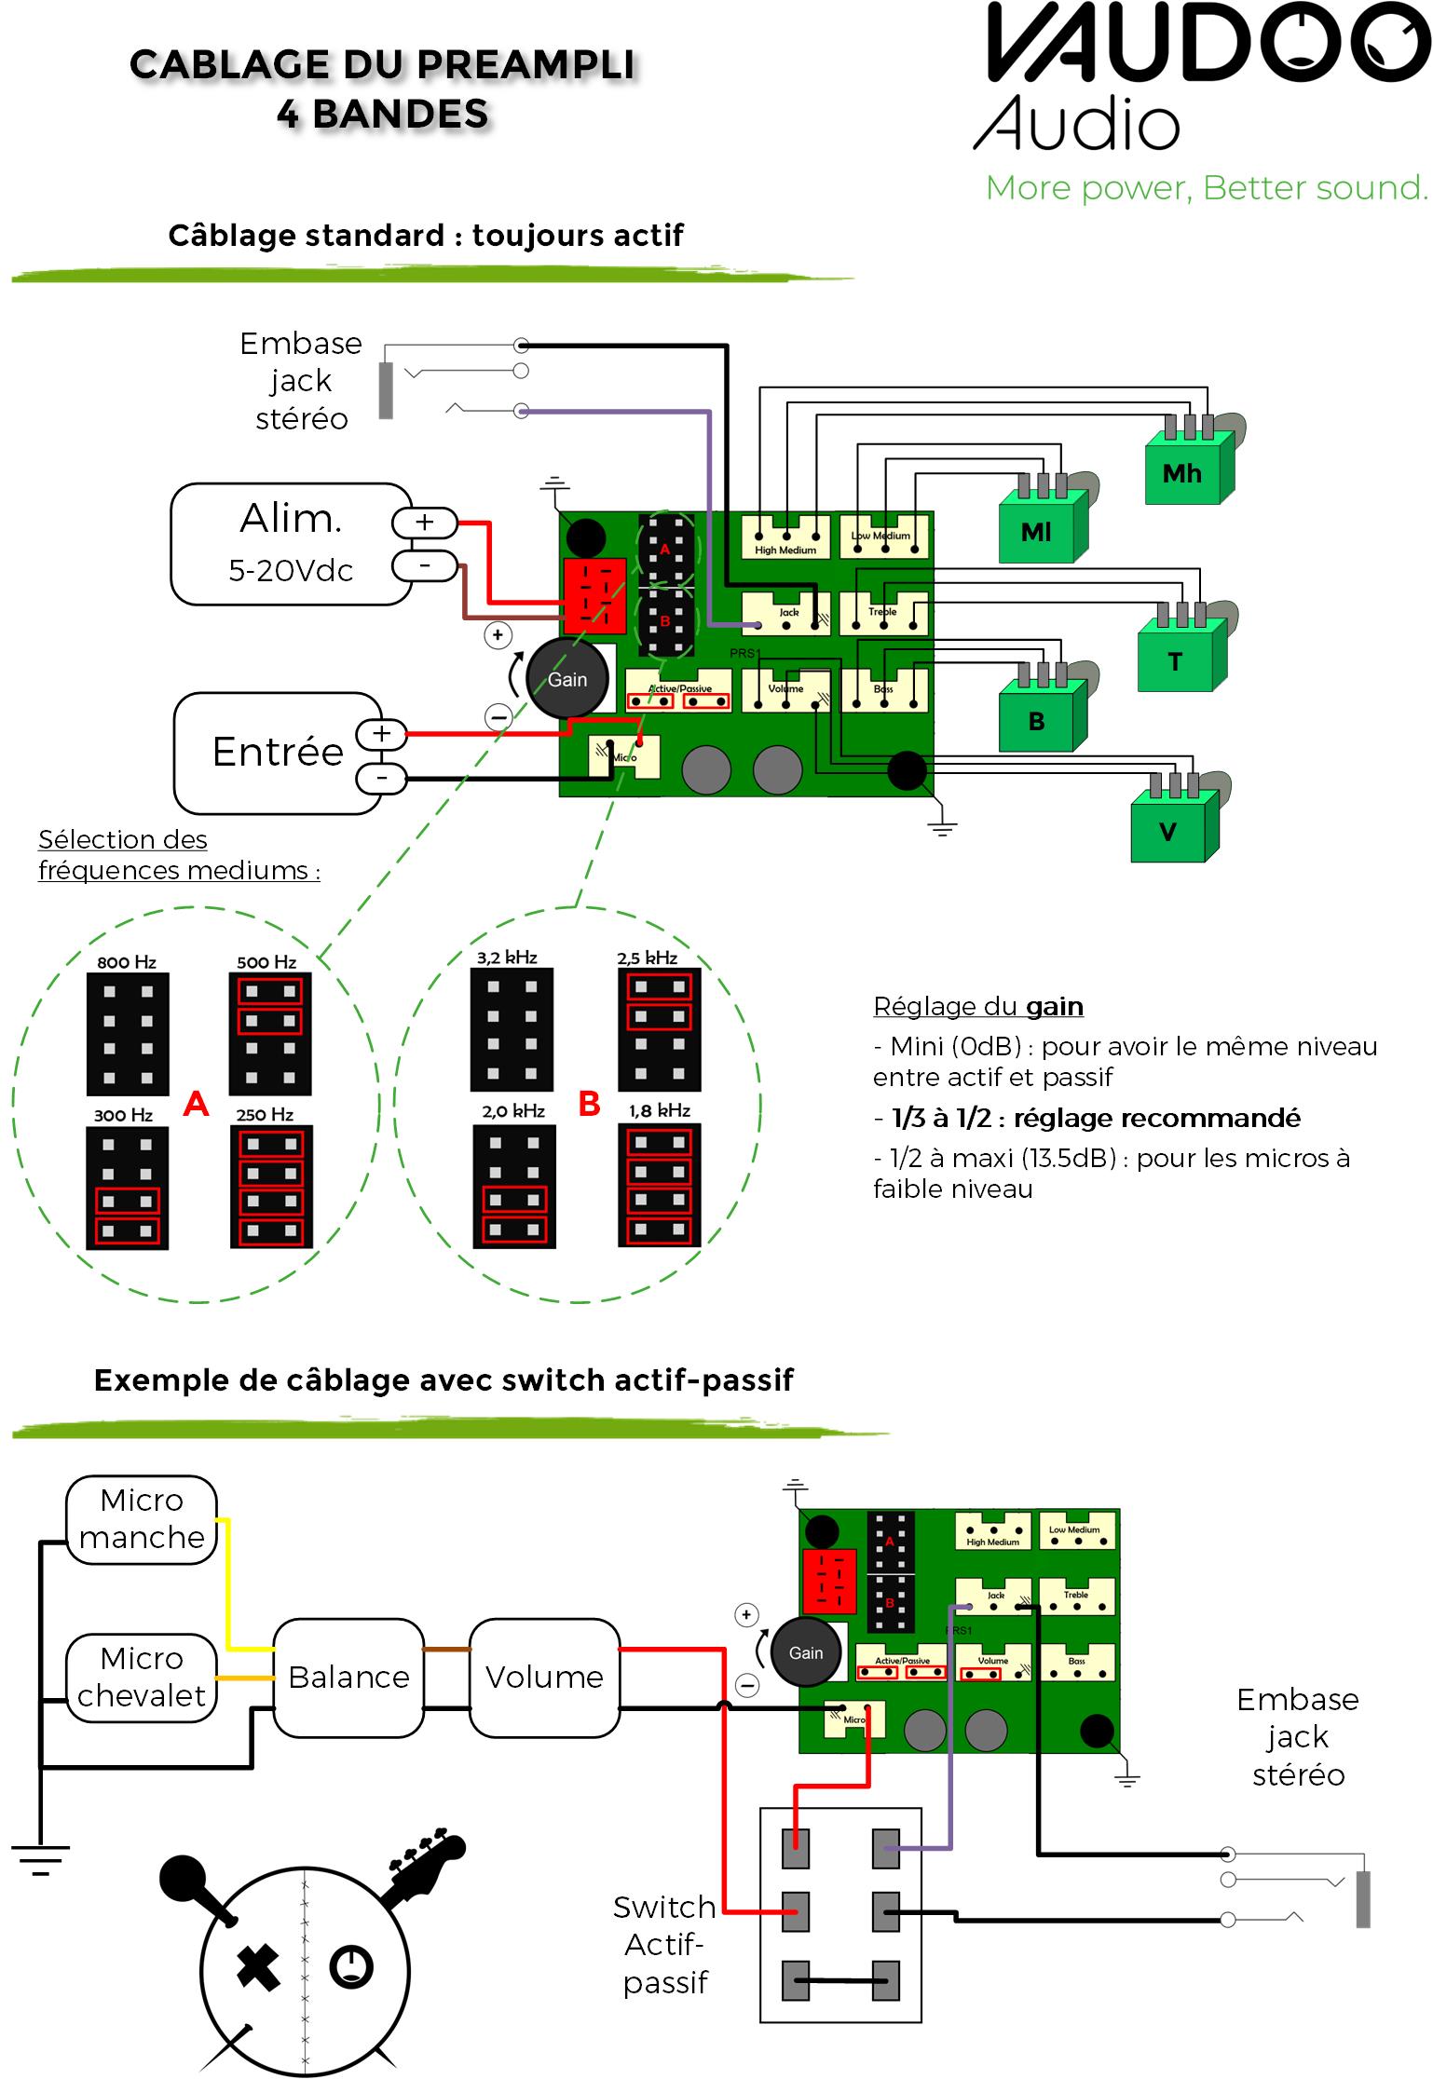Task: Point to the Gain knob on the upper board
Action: click(x=566, y=679)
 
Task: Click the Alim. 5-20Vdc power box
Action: click(x=291, y=544)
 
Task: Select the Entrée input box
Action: click(x=278, y=753)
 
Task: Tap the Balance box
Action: click(x=348, y=1678)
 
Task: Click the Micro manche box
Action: click(x=142, y=1519)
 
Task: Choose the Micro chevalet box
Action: click(x=142, y=1678)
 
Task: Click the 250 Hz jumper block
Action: click(x=271, y=1188)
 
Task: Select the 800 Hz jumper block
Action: click(x=128, y=1034)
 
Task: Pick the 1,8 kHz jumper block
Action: click(x=659, y=1185)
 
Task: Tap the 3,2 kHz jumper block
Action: click(x=512, y=1029)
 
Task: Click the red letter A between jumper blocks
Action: click(x=196, y=1105)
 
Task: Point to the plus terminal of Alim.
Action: click(x=425, y=523)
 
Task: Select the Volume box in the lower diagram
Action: click(x=544, y=1678)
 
